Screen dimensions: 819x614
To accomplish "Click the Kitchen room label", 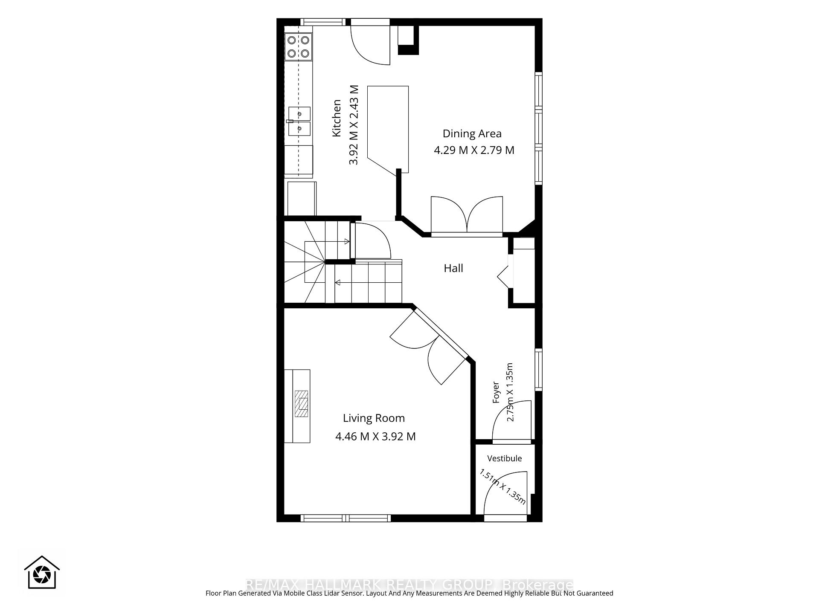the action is (x=337, y=118).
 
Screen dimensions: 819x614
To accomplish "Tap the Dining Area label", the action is (x=472, y=133).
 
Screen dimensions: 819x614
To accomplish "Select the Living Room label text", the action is (x=374, y=418).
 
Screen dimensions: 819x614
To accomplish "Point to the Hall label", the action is (x=453, y=268).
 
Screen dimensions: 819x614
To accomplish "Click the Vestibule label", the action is (x=505, y=458).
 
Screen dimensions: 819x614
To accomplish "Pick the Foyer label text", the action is (x=496, y=392).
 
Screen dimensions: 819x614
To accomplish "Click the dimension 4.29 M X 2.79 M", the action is (x=474, y=151).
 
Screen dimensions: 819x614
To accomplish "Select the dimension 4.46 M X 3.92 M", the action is (x=375, y=437).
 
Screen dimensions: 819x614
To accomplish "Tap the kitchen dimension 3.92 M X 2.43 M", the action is (x=354, y=125).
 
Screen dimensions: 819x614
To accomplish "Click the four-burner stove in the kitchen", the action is (x=298, y=46).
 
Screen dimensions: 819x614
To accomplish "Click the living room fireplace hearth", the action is (x=302, y=403).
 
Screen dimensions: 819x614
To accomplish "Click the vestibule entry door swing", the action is (x=506, y=493).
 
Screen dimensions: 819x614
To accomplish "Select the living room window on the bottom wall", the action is (x=346, y=518).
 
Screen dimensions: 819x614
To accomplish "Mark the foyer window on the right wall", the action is (x=539, y=369).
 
